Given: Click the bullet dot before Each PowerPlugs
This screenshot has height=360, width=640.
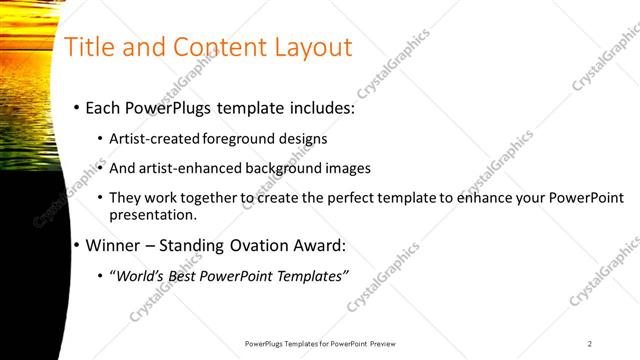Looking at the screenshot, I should coord(76,108).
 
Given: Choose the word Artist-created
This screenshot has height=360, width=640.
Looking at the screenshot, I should coord(154,139).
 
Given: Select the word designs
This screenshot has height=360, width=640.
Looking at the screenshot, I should coord(302,139).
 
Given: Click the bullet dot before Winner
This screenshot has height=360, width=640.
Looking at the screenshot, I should coord(76,245).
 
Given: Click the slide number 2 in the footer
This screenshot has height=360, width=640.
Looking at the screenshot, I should coord(590,343).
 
